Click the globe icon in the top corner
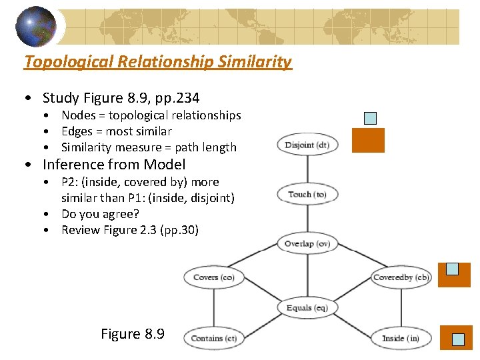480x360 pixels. pyautogui.click(x=36, y=26)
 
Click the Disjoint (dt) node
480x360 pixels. pyautogui.click(x=307, y=145)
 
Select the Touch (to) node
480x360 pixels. pyautogui.click(x=307, y=195)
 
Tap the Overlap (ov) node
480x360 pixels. pyautogui.click(x=307, y=244)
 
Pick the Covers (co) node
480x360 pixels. pyautogui.click(x=213, y=277)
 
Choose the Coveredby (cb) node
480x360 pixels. pyautogui.click(x=401, y=277)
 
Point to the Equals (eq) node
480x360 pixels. pyautogui.click(x=307, y=308)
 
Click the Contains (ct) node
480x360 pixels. pyautogui.click(x=213, y=338)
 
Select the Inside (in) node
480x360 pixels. pyautogui.click(x=401, y=338)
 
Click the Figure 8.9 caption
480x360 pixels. pyautogui.click(x=132, y=334)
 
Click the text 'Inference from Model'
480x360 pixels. pyautogui.click(x=114, y=165)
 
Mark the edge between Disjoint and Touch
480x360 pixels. pyautogui.click(x=307, y=169)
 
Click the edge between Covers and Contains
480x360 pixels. pyautogui.click(x=213, y=307)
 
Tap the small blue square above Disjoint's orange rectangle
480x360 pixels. pyautogui.click(x=371, y=119)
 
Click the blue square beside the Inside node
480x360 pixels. pyautogui.click(x=458, y=339)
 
